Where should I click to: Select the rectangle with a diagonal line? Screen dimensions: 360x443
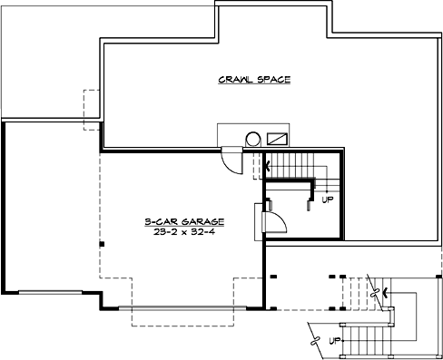(x=280, y=138)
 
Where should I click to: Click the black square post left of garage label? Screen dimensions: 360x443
(x=103, y=244)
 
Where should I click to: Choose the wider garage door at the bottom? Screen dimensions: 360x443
(x=191, y=307)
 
